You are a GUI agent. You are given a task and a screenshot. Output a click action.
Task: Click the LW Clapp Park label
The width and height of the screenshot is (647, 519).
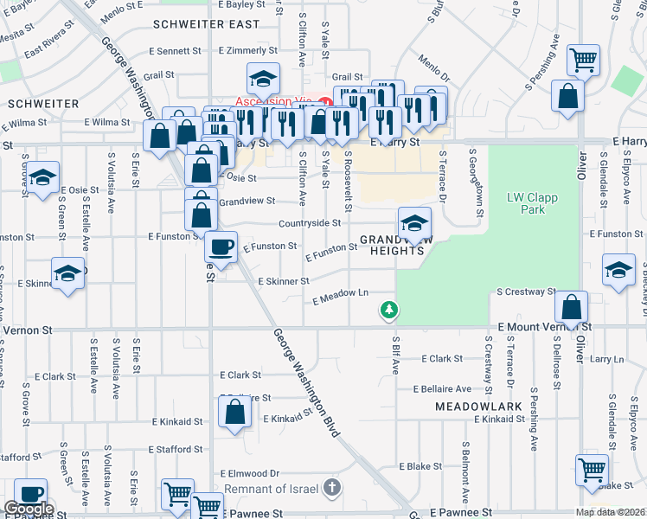tap(532, 203)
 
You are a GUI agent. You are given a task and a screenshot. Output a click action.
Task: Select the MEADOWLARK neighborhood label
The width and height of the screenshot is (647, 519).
tap(468, 405)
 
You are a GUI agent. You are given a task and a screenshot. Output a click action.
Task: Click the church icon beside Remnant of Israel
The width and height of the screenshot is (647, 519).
tap(330, 489)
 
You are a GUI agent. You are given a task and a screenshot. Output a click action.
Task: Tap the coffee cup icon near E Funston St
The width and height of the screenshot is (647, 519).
tap(221, 247)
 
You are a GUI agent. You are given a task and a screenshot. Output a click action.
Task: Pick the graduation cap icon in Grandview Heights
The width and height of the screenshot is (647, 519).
tap(414, 221)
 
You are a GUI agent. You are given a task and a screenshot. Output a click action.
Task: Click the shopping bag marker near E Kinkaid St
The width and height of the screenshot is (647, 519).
tap(235, 413)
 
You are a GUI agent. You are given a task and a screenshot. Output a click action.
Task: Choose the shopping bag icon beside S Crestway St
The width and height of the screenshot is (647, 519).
tap(572, 306)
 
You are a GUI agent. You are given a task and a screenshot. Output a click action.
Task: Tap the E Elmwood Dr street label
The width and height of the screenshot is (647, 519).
tap(251, 473)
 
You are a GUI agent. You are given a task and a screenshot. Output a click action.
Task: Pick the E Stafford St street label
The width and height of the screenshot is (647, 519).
tap(182, 449)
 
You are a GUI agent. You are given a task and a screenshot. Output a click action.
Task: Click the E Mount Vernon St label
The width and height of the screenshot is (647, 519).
tap(545, 327)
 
